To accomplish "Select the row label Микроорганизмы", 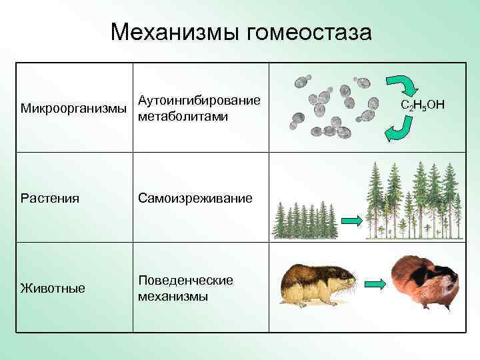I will (x=74, y=109).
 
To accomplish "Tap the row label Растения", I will (x=50, y=198).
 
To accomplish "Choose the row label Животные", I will (x=53, y=288).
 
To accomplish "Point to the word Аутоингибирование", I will (x=199, y=101).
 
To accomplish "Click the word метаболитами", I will (x=183, y=117).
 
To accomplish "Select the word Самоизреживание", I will (x=195, y=198).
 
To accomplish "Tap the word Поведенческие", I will (x=185, y=280).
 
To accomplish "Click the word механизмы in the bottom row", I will (x=173, y=296).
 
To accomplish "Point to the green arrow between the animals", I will (x=376, y=285).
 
